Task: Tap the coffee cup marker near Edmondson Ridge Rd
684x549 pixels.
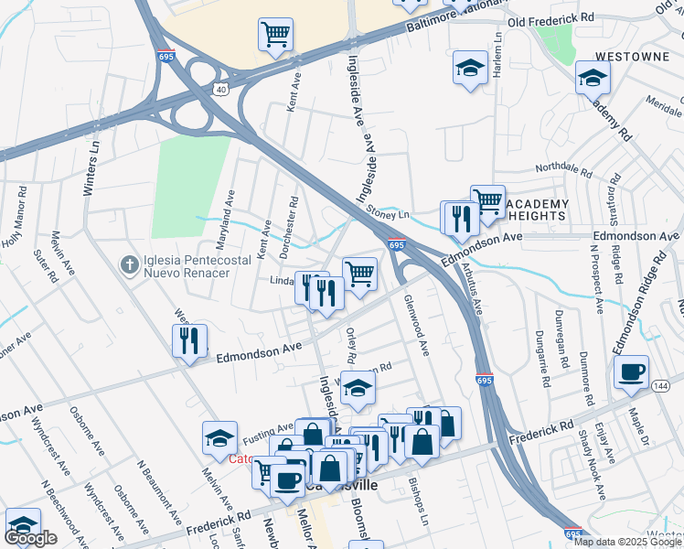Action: tap(631, 371)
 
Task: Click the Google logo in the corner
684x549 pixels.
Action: tap(30, 538)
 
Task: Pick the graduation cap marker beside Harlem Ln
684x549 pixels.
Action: tap(470, 69)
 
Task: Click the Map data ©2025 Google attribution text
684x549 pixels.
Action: tap(627, 542)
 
